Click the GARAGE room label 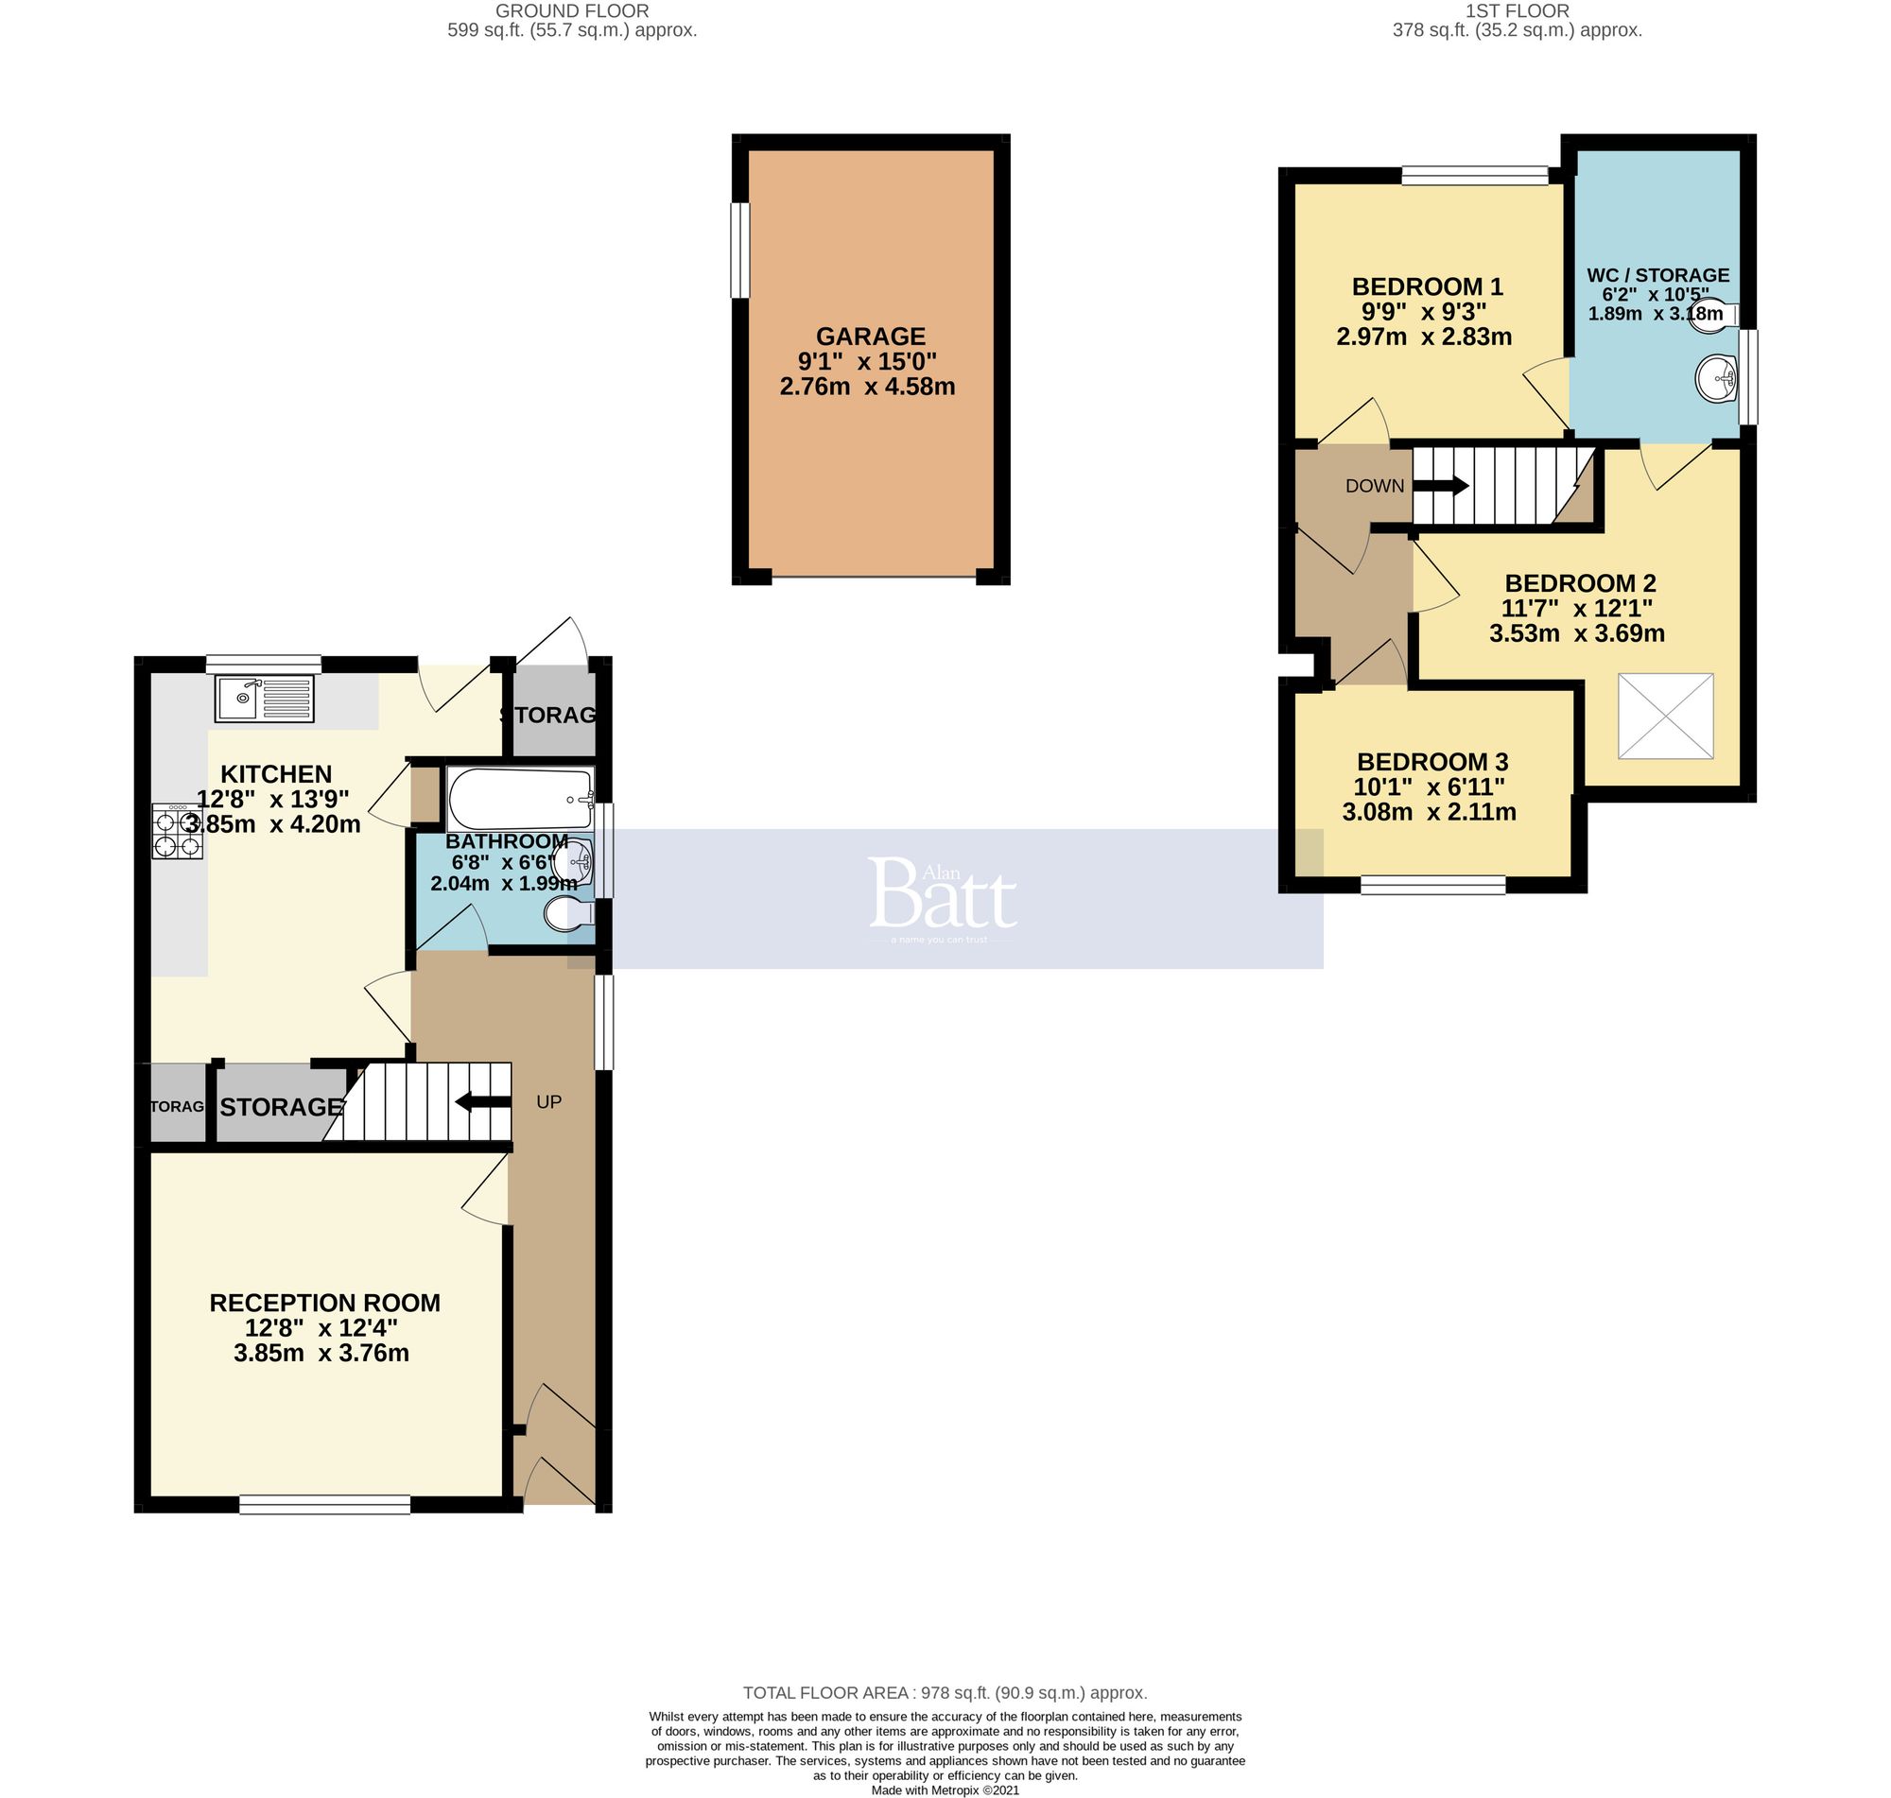coord(870,337)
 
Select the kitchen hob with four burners coord(178,832)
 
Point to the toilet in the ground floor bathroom coord(566,914)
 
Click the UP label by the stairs coord(548,1101)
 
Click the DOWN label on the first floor coord(1375,486)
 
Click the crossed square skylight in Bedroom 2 coord(1665,716)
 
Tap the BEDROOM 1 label coord(1426,286)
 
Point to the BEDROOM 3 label coord(1431,762)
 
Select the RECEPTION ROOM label coord(325,1303)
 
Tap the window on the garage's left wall coord(739,251)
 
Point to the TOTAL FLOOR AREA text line coord(944,1692)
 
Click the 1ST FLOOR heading coord(1517,11)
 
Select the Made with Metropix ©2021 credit coord(944,1789)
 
